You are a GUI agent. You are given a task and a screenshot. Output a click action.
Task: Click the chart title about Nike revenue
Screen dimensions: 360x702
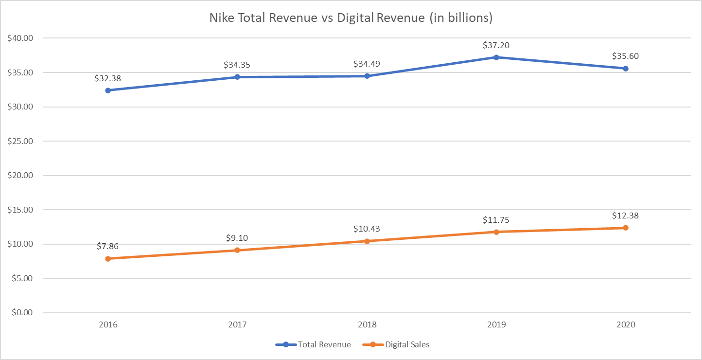pos(351,18)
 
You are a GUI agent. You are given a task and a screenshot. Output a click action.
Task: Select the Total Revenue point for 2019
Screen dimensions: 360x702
pos(496,57)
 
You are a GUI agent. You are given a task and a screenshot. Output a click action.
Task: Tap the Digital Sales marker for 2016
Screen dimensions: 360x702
pos(108,259)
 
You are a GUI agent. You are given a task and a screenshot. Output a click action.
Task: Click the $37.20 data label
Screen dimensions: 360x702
pos(496,45)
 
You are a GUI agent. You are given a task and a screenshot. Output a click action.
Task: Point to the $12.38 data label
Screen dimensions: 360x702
pos(625,216)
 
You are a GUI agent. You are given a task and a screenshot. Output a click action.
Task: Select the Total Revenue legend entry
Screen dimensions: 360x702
pos(314,344)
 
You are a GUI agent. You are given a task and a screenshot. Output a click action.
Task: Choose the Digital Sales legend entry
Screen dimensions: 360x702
pos(396,344)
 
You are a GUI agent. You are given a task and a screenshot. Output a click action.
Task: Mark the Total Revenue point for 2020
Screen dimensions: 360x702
pos(626,69)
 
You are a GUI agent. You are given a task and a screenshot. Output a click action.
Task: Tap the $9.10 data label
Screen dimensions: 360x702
pos(237,238)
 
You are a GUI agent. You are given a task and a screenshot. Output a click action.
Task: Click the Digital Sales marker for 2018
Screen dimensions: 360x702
pos(367,241)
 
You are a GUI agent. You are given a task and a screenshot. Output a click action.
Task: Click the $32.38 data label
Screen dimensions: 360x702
pos(108,78)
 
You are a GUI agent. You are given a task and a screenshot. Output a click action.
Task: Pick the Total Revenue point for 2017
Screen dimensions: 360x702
pos(237,77)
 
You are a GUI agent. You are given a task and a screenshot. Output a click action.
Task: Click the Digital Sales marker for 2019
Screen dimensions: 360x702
pos(496,232)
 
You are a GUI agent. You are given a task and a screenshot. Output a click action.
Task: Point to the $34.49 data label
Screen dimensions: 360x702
pos(367,64)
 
